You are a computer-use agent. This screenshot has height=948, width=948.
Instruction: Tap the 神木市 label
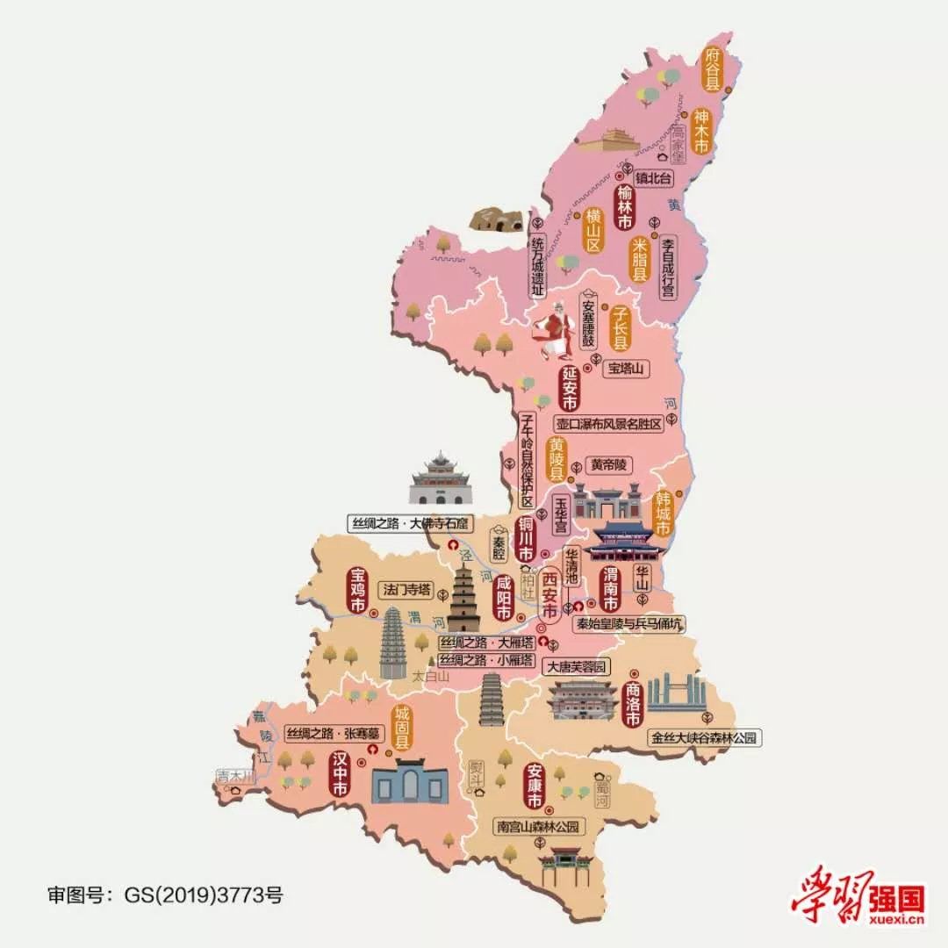(x=700, y=131)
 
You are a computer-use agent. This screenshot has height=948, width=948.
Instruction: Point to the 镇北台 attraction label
(x=653, y=180)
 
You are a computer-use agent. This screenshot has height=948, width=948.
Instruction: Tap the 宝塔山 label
(x=626, y=370)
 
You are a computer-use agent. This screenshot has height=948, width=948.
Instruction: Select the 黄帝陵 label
(x=608, y=466)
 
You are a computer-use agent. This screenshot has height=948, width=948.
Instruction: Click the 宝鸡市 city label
(x=357, y=591)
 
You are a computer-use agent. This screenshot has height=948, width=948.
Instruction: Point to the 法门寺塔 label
(x=406, y=589)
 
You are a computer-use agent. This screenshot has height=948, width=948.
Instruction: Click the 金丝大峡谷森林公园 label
(x=703, y=738)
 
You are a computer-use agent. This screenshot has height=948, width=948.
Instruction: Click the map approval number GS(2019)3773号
(x=165, y=895)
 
